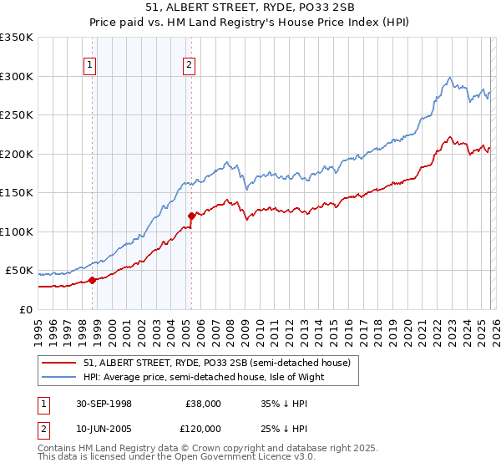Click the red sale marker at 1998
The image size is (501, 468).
pos(92,280)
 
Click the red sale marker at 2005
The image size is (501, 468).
pos(191,216)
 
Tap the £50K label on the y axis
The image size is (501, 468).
pos(19,271)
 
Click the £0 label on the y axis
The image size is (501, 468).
pos(27,309)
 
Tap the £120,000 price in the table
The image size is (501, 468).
pos(204,428)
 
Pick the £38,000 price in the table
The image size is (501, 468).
pos(204,403)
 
